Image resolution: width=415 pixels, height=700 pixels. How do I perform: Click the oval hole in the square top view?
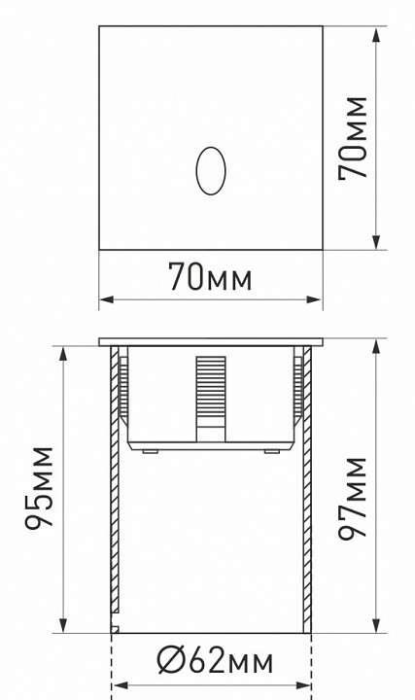tap(209, 169)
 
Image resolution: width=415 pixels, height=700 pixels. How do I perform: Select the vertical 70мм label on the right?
tap(351, 137)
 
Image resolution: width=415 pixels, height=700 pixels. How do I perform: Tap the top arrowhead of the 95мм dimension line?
tap(63, 351)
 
